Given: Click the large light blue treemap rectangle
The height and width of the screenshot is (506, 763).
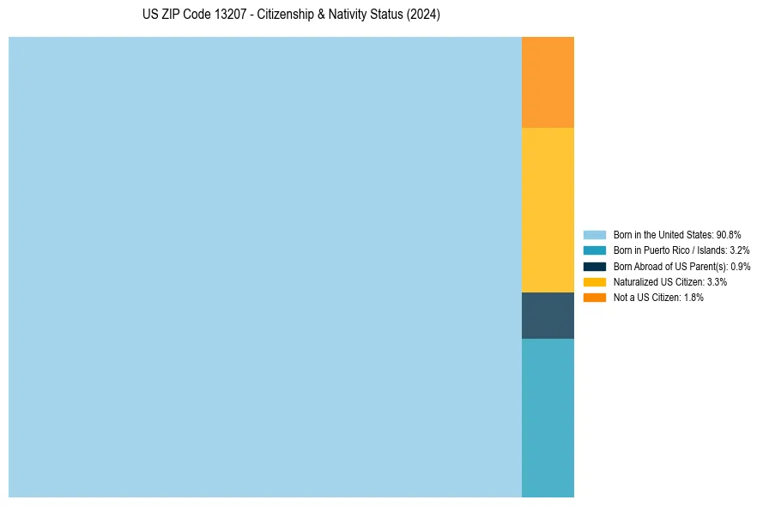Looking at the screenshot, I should [265, 267].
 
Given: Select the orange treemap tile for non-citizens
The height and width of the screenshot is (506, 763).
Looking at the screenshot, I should [548, 82].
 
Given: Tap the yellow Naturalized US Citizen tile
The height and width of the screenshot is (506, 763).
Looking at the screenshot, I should [548, 210].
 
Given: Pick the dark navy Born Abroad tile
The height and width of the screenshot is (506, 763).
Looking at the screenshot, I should [548, 316].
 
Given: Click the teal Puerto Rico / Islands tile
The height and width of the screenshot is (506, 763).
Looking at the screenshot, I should [548, 418].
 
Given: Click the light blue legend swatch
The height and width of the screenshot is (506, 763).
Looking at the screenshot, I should [595, 234].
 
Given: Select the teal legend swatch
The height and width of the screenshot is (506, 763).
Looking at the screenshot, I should [595, 250].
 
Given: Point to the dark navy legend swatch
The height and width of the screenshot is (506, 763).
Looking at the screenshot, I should [595, 266].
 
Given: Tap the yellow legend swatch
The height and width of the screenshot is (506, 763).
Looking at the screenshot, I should [595, 281].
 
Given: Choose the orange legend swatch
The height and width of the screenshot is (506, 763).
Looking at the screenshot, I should [595, 297].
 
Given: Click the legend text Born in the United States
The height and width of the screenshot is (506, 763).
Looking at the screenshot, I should [663, 234].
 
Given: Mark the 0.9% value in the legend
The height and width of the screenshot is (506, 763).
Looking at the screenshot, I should [740, 266].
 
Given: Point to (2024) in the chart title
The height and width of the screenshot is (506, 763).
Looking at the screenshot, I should [424, 15].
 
